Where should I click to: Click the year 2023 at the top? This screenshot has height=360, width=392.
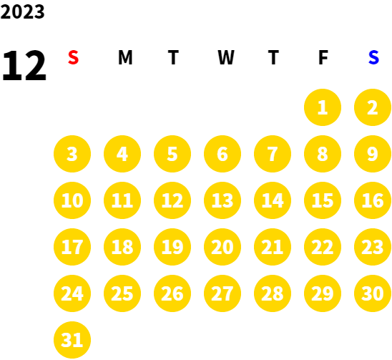[x=22, y=11]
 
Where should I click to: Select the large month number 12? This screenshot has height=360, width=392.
[x=24, y=65]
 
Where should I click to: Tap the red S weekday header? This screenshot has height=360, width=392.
[x=73, y=57]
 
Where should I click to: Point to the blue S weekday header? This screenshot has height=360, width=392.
[x=373, y=57]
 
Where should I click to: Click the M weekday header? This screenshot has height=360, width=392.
[x=125, y=57]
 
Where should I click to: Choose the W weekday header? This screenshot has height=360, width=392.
[x=226, y=57]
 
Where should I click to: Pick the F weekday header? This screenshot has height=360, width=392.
[x=323, y=57]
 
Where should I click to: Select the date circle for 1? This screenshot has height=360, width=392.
[x=323, y=107]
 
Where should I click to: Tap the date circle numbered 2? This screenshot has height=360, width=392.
[x=373, y=107]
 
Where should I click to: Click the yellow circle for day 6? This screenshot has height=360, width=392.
[x=222, y=154]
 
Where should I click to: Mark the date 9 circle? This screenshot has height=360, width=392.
[x=373, y=154]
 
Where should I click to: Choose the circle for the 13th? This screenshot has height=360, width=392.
[x=222, y=200]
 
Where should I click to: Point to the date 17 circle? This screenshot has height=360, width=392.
[x=72, y=247]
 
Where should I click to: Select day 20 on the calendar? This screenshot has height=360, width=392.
[x=222, y=247]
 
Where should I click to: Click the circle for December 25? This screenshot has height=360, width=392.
[x=122, y=293]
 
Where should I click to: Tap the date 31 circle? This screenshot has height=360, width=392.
[x=72, y=340]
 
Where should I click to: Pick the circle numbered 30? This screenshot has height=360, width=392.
[x=373, y=293]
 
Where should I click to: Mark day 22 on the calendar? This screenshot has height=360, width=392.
[x=323, y=247]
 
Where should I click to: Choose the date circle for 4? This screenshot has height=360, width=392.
[x=122, y=154]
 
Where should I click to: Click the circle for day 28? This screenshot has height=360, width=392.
[x=273, y=293]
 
